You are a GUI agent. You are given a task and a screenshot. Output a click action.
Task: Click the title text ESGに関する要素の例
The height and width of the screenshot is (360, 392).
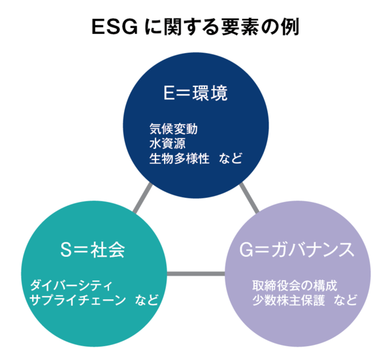195,27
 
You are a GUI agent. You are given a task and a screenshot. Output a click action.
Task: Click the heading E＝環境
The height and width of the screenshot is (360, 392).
195,93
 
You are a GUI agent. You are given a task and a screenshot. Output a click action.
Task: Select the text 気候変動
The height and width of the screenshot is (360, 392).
174,129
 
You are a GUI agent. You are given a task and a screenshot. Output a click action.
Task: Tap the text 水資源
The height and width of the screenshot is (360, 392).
167,144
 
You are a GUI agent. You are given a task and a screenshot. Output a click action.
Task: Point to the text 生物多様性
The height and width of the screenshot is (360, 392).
179,159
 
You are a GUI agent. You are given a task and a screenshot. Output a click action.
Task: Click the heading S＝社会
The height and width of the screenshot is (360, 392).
93,250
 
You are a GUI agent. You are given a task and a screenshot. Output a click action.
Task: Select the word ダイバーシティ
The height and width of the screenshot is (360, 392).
71,286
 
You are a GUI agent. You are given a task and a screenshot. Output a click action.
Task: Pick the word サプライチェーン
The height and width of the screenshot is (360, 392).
78,300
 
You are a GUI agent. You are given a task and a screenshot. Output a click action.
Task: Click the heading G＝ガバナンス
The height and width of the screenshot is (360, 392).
297,250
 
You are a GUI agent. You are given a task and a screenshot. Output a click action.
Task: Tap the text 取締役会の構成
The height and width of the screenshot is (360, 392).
295,286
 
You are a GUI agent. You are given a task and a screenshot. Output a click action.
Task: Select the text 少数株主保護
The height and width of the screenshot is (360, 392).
289,300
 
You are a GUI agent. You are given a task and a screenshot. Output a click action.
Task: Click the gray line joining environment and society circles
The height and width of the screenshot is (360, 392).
142,198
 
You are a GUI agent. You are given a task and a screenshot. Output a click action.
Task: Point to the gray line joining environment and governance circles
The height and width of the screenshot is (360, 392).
249,198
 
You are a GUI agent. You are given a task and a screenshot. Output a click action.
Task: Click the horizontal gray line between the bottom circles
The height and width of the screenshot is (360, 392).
196,274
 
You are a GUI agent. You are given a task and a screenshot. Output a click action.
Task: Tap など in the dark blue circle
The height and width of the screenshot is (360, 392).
231,159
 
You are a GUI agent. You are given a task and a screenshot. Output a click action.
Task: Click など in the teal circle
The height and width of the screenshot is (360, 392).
147,300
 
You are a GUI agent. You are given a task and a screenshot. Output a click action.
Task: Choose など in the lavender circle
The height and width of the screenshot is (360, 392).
345,300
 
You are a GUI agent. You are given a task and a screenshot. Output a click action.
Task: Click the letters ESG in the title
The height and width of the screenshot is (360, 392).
115,27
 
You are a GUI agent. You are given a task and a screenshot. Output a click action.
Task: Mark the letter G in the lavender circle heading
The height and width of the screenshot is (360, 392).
246,250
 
